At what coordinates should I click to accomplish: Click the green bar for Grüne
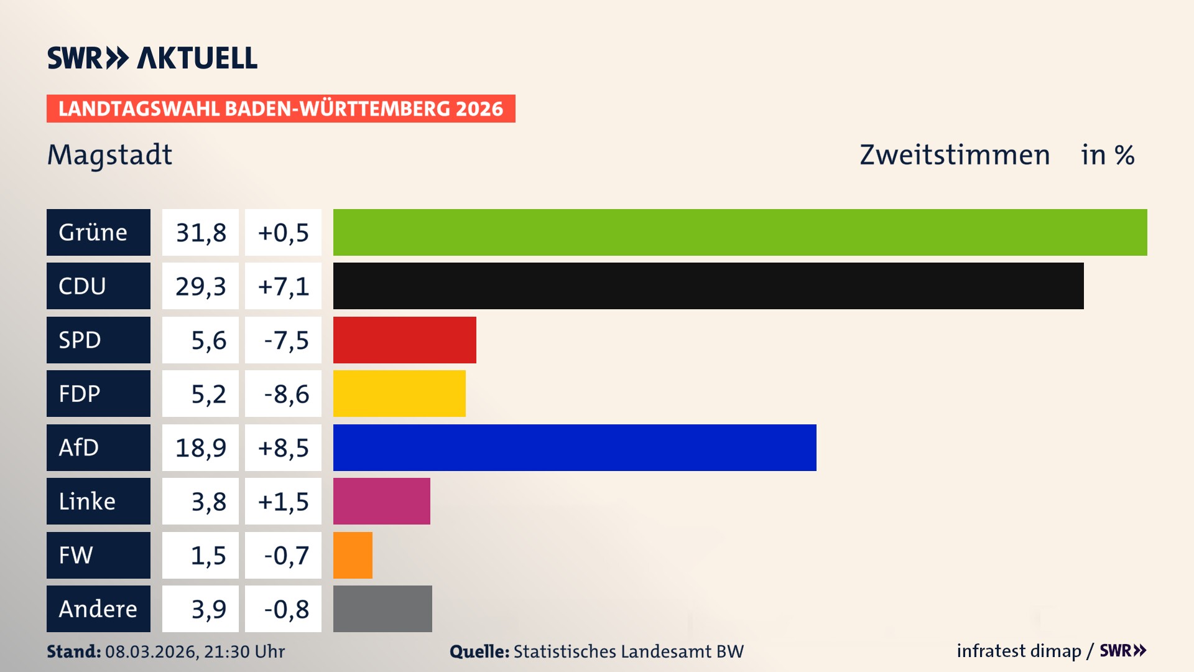[x=740, y=232]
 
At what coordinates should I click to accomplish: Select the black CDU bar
[x=708, y=286]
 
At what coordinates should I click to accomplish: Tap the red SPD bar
[x=404, y=340]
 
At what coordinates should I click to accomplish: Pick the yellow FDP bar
[x=399, y=393]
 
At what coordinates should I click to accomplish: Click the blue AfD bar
[x=575, y=447]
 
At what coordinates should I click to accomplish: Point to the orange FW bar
[x=353, y=555]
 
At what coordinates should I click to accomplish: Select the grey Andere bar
[x=382, y=609]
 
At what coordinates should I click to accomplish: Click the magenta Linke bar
[x=381, y=501]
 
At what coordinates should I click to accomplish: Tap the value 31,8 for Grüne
[x=200, y=233]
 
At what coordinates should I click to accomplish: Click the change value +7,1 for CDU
[x=283, y=286]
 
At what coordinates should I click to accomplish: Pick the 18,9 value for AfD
[x=200, y=448]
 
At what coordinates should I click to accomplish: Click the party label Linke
[x=87, y=502]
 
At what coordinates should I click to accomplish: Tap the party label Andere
[x=98, y=609]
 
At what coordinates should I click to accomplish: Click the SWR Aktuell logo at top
[x=152, y=58]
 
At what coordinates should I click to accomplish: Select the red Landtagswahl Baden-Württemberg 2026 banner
[x=280, y=109]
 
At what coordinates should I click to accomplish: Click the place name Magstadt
[x=109, y=155]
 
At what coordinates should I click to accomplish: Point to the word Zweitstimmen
[x=955, y=155]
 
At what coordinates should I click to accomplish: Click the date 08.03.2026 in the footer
[x=151, y=651]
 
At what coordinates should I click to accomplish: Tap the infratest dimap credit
[x=1019, y=651]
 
